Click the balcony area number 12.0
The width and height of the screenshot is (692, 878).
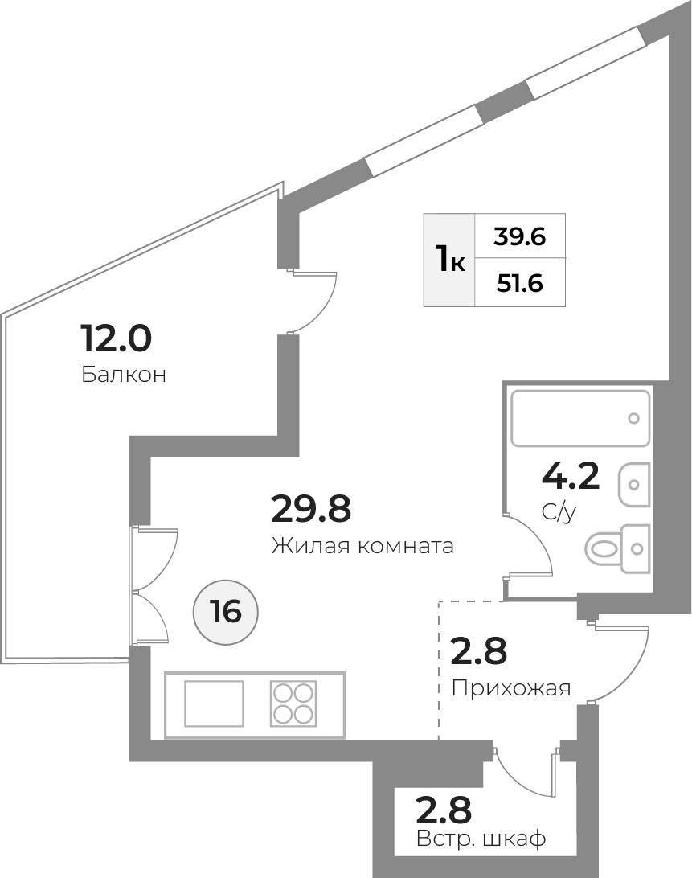117,338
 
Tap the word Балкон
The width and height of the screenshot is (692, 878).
124,374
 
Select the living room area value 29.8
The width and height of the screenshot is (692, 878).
311,508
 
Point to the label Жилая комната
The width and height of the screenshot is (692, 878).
362,545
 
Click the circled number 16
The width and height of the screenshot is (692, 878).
226,611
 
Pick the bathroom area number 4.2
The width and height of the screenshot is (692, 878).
571,475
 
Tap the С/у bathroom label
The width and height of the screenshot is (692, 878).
559,512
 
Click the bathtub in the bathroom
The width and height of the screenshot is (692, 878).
580,418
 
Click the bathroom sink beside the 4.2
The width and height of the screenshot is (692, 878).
634,484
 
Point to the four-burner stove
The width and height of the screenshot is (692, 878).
293,704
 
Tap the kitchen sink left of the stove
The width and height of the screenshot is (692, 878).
214,704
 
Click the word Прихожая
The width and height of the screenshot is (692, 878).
511,688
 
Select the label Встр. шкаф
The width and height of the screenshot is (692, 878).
481,839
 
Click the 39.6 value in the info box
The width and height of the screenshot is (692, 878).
519,236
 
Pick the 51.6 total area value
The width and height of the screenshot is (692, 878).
519,283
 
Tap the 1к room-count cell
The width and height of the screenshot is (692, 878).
449,260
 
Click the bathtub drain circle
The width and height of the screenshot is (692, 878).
634,418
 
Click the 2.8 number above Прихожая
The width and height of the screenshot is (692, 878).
479,650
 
